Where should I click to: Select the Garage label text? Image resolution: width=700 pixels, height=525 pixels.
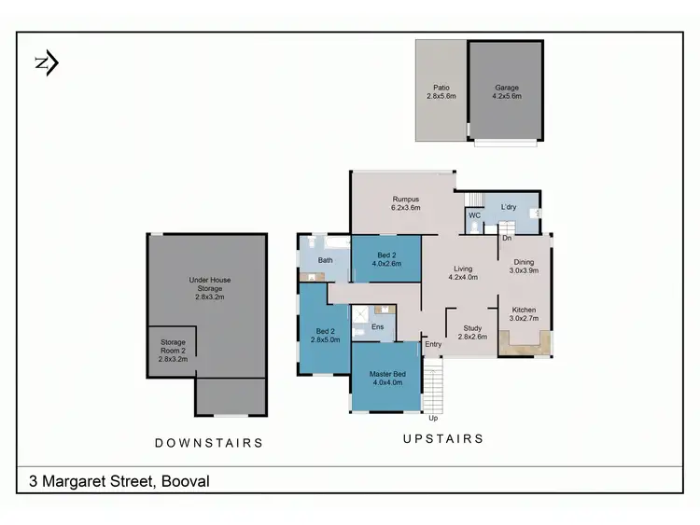click(507, 91)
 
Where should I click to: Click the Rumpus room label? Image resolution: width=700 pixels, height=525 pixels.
click(404, 202)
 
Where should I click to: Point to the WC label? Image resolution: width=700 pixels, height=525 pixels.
click(474, 215)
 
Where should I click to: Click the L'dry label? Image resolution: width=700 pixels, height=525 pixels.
click(509, 206)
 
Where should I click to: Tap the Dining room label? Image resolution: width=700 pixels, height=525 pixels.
click(523, 267)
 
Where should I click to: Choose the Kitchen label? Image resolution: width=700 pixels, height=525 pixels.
click(523, 313)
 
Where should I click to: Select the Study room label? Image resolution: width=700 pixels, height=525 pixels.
click(472, 332)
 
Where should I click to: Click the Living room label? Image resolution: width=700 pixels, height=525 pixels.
click(464, 272)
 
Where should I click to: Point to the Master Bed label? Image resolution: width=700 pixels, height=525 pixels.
click(387, 377)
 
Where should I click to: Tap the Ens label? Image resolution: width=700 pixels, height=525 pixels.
click(378, 327)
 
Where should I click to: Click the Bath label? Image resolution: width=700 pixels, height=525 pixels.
click(326, 260)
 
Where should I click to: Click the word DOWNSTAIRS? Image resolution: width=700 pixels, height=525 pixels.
click(208, 443)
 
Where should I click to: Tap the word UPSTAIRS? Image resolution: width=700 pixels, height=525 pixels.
click(442, 438)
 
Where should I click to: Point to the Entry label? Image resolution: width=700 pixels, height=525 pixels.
click(433, 345)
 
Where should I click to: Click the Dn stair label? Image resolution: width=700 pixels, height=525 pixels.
click(507, 239)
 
